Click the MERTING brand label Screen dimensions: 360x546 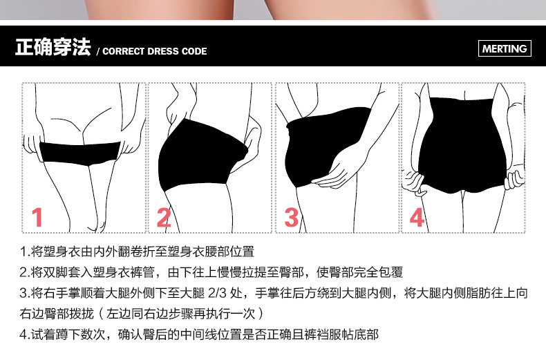tap(504, 48)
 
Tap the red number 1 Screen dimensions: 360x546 tap(37, 218)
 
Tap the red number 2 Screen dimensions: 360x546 tap(164, 218)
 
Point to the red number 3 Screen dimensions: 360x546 tap(292, 218)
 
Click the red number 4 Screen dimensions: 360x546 tap(417, 218)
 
